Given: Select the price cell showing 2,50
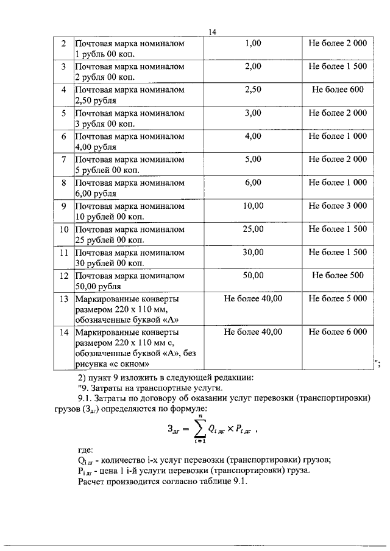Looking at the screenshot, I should pos(253,89).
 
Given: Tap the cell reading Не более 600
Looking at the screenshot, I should pos(338,89).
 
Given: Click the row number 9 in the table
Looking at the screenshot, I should pos(63,206).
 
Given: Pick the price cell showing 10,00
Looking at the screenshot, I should pos(253,206).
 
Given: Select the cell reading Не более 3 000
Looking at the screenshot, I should pos(338,206).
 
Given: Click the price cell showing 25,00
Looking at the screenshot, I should pos(253,229).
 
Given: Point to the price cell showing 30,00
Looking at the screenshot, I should pos(253,252).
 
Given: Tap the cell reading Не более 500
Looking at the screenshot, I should pos(338,275).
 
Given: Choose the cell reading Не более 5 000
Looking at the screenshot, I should pos(338,298).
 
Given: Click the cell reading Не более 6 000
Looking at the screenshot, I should pos(338,332).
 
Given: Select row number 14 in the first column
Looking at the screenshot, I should pos(63,332).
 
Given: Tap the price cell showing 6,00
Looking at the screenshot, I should pos(253,182).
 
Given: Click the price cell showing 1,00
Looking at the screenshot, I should pos(253,43).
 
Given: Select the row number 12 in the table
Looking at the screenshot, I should pos(63,275).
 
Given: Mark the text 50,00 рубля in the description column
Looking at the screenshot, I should pos(97,286).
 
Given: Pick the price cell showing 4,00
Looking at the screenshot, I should pos(253,136).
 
